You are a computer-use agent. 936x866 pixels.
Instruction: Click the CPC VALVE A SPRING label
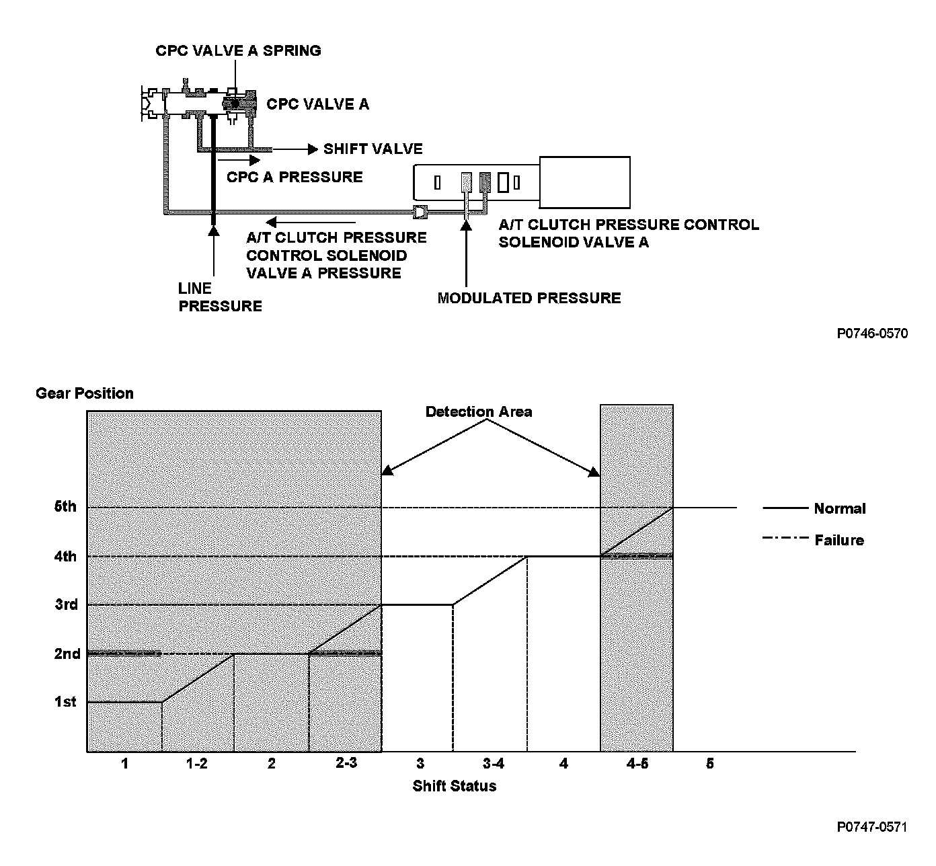tap(238, 51)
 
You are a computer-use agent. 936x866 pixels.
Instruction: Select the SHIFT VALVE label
tap(373, 149)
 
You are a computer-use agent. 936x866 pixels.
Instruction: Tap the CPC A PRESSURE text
tap(295, 178)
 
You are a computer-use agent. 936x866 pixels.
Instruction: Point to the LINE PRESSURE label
tap(220, 298)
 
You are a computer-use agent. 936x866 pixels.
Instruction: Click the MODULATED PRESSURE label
tap(529, 299)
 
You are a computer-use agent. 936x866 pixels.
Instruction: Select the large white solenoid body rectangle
tap(584, 182)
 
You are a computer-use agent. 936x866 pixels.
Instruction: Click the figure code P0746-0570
tap(872, 333)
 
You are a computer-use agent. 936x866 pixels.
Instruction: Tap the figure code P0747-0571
tap(872, 827)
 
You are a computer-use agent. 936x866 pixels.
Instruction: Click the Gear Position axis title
tap(85, 393)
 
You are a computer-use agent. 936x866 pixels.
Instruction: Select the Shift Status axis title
tap(455, 786)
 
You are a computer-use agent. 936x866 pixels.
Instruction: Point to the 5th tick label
tap(65, 507)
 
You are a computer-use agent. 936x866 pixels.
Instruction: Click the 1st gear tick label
tap(65, 703)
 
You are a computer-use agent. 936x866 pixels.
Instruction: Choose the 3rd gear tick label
tap(66, 605)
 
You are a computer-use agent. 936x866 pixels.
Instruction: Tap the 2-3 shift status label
tap(346, 764)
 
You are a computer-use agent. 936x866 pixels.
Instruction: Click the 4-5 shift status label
tap(637, 764)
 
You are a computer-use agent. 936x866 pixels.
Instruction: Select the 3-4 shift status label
tap(493, 764)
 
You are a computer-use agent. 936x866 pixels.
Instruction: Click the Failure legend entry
tap(838, 541)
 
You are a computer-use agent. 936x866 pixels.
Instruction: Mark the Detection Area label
tap(479, 412)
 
